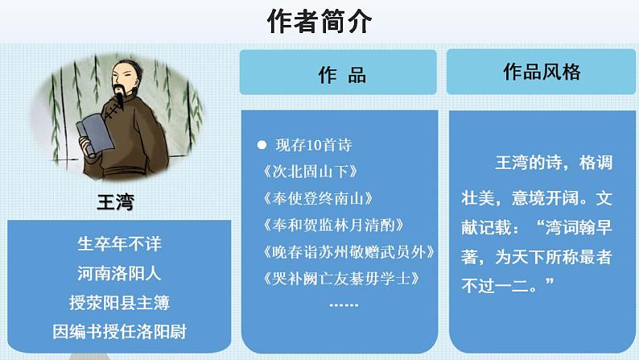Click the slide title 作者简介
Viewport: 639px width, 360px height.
point(319,23)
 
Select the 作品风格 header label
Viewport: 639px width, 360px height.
point(542,72)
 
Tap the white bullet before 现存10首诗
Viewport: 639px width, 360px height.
point(261,146)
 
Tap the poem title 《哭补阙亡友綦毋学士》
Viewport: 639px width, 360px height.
point(342,279)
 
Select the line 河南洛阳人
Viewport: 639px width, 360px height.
point(119,274)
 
